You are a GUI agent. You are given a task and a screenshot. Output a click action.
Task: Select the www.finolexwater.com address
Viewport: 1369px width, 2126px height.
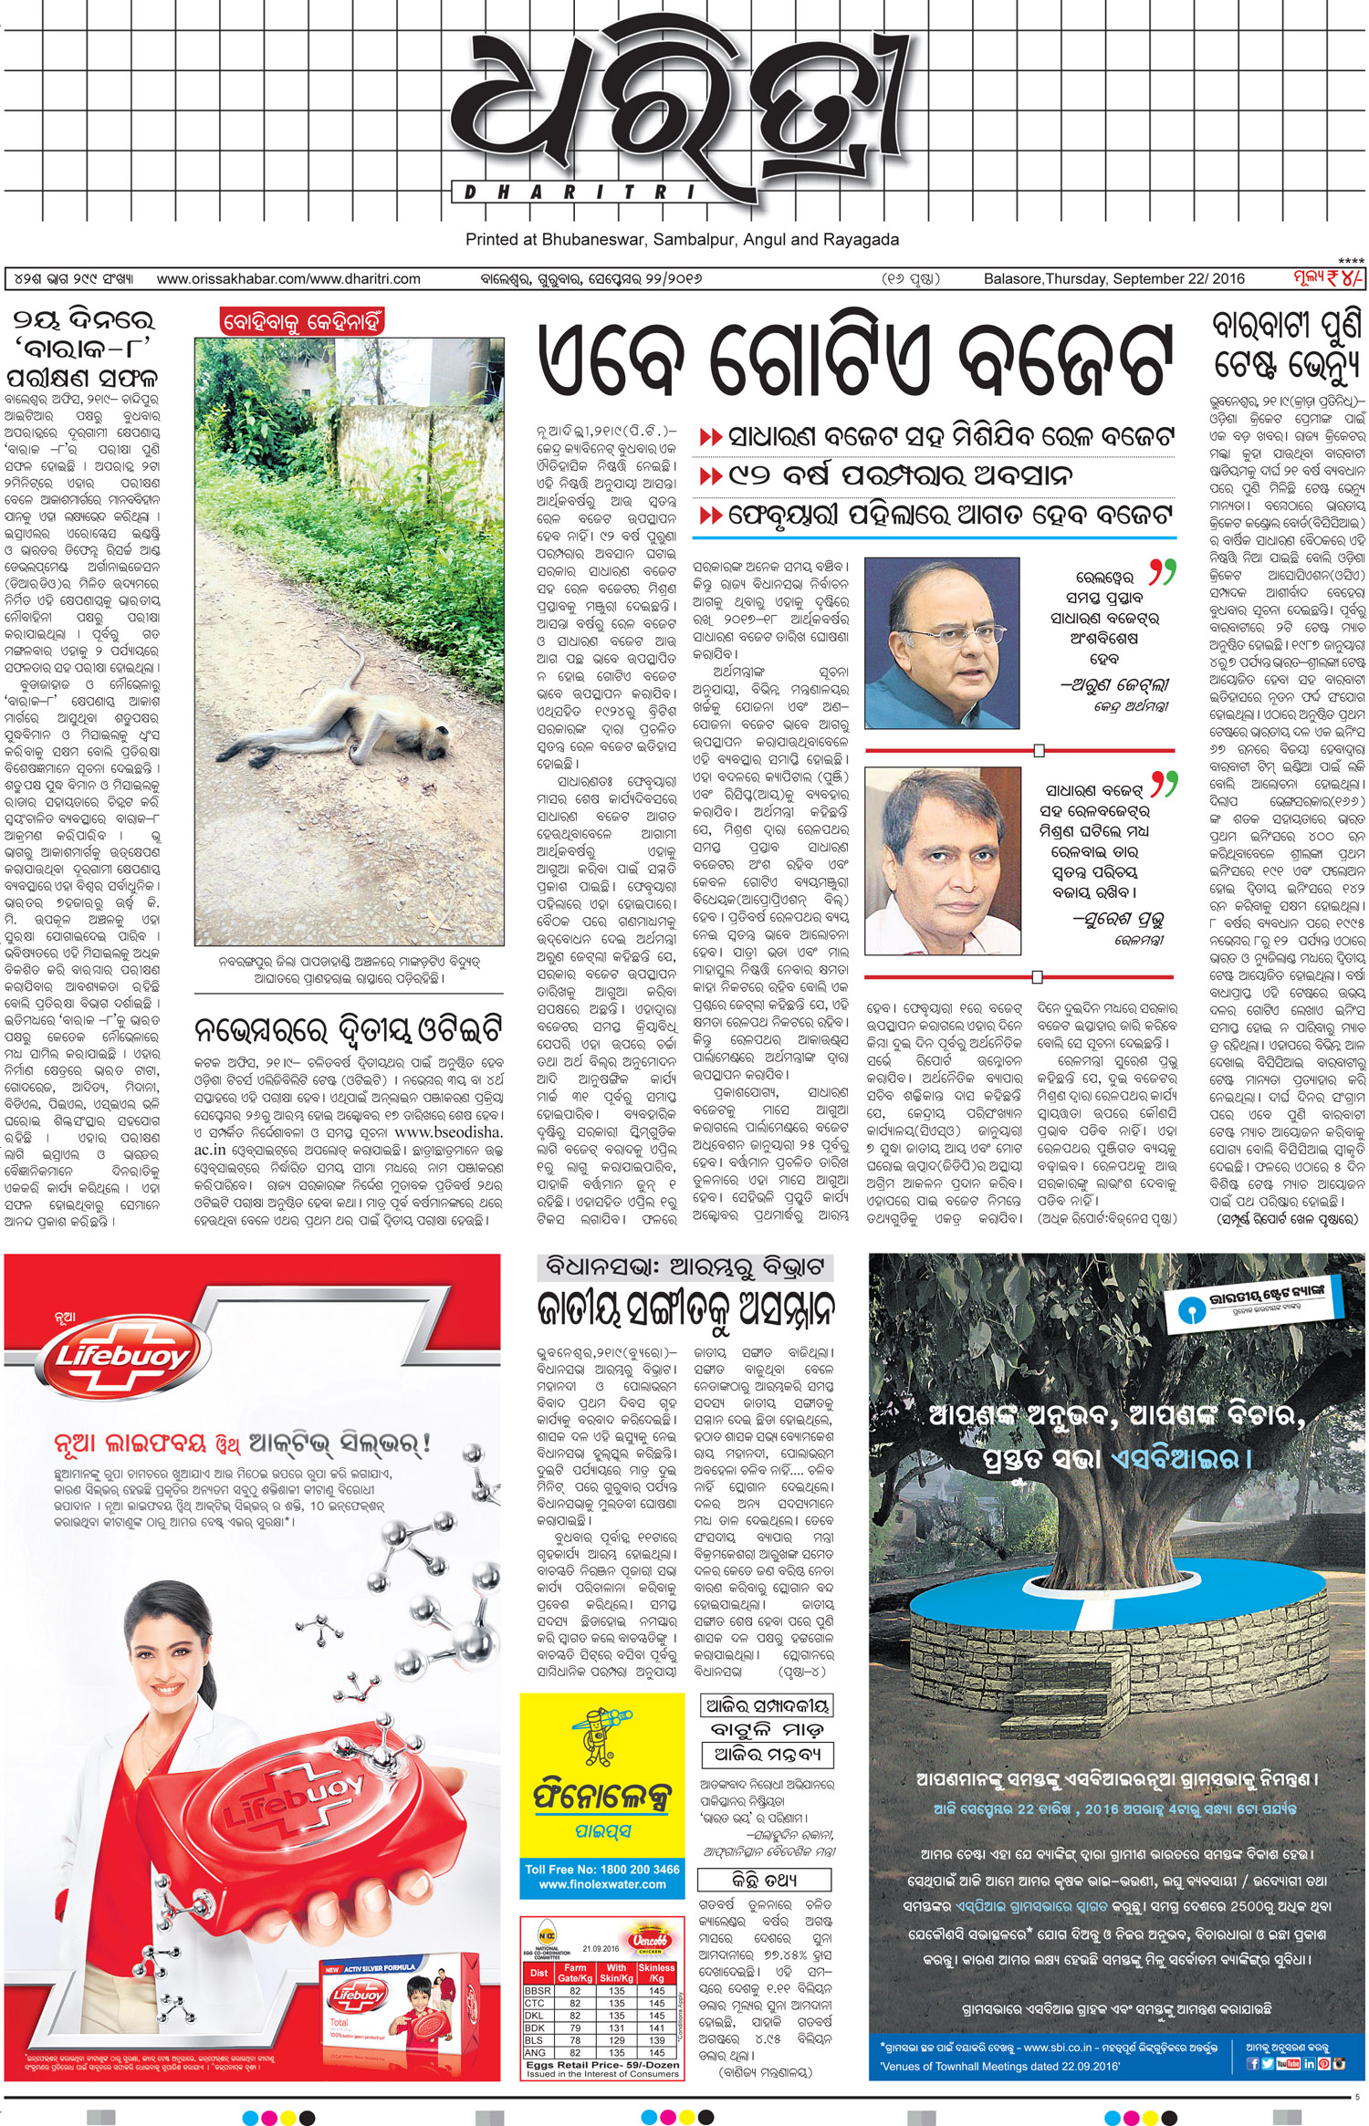[602, 1884]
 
